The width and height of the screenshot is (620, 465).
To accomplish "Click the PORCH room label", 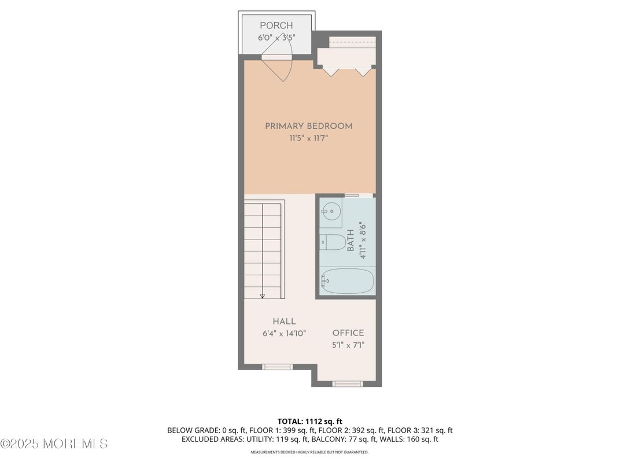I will click(x=276, y=25).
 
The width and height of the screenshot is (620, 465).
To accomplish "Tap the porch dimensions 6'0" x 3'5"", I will click(x=276, y=38).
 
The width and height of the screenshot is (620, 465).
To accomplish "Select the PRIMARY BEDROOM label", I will click(x=308, y=126).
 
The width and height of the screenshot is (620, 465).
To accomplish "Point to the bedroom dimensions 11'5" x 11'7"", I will click(x=308, y=138).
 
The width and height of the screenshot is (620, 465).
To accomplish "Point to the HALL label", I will click(x=284, y=322).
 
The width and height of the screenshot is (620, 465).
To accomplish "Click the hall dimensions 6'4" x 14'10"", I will click(x=284, y=333).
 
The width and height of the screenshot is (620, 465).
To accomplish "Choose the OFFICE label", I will click(x=348, y=333).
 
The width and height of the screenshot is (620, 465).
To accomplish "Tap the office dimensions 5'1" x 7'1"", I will click(x=348, y=345).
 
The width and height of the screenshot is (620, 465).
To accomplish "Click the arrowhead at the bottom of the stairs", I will click(x=262, y=296).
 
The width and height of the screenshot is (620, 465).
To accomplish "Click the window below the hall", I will click(x=278, y=367).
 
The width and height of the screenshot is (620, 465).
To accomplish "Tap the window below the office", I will click(x=348, y=383).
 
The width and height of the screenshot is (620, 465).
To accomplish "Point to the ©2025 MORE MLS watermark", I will click(x=54, y=444).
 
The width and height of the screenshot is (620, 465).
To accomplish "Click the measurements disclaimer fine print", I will click(x=309, y=452).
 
